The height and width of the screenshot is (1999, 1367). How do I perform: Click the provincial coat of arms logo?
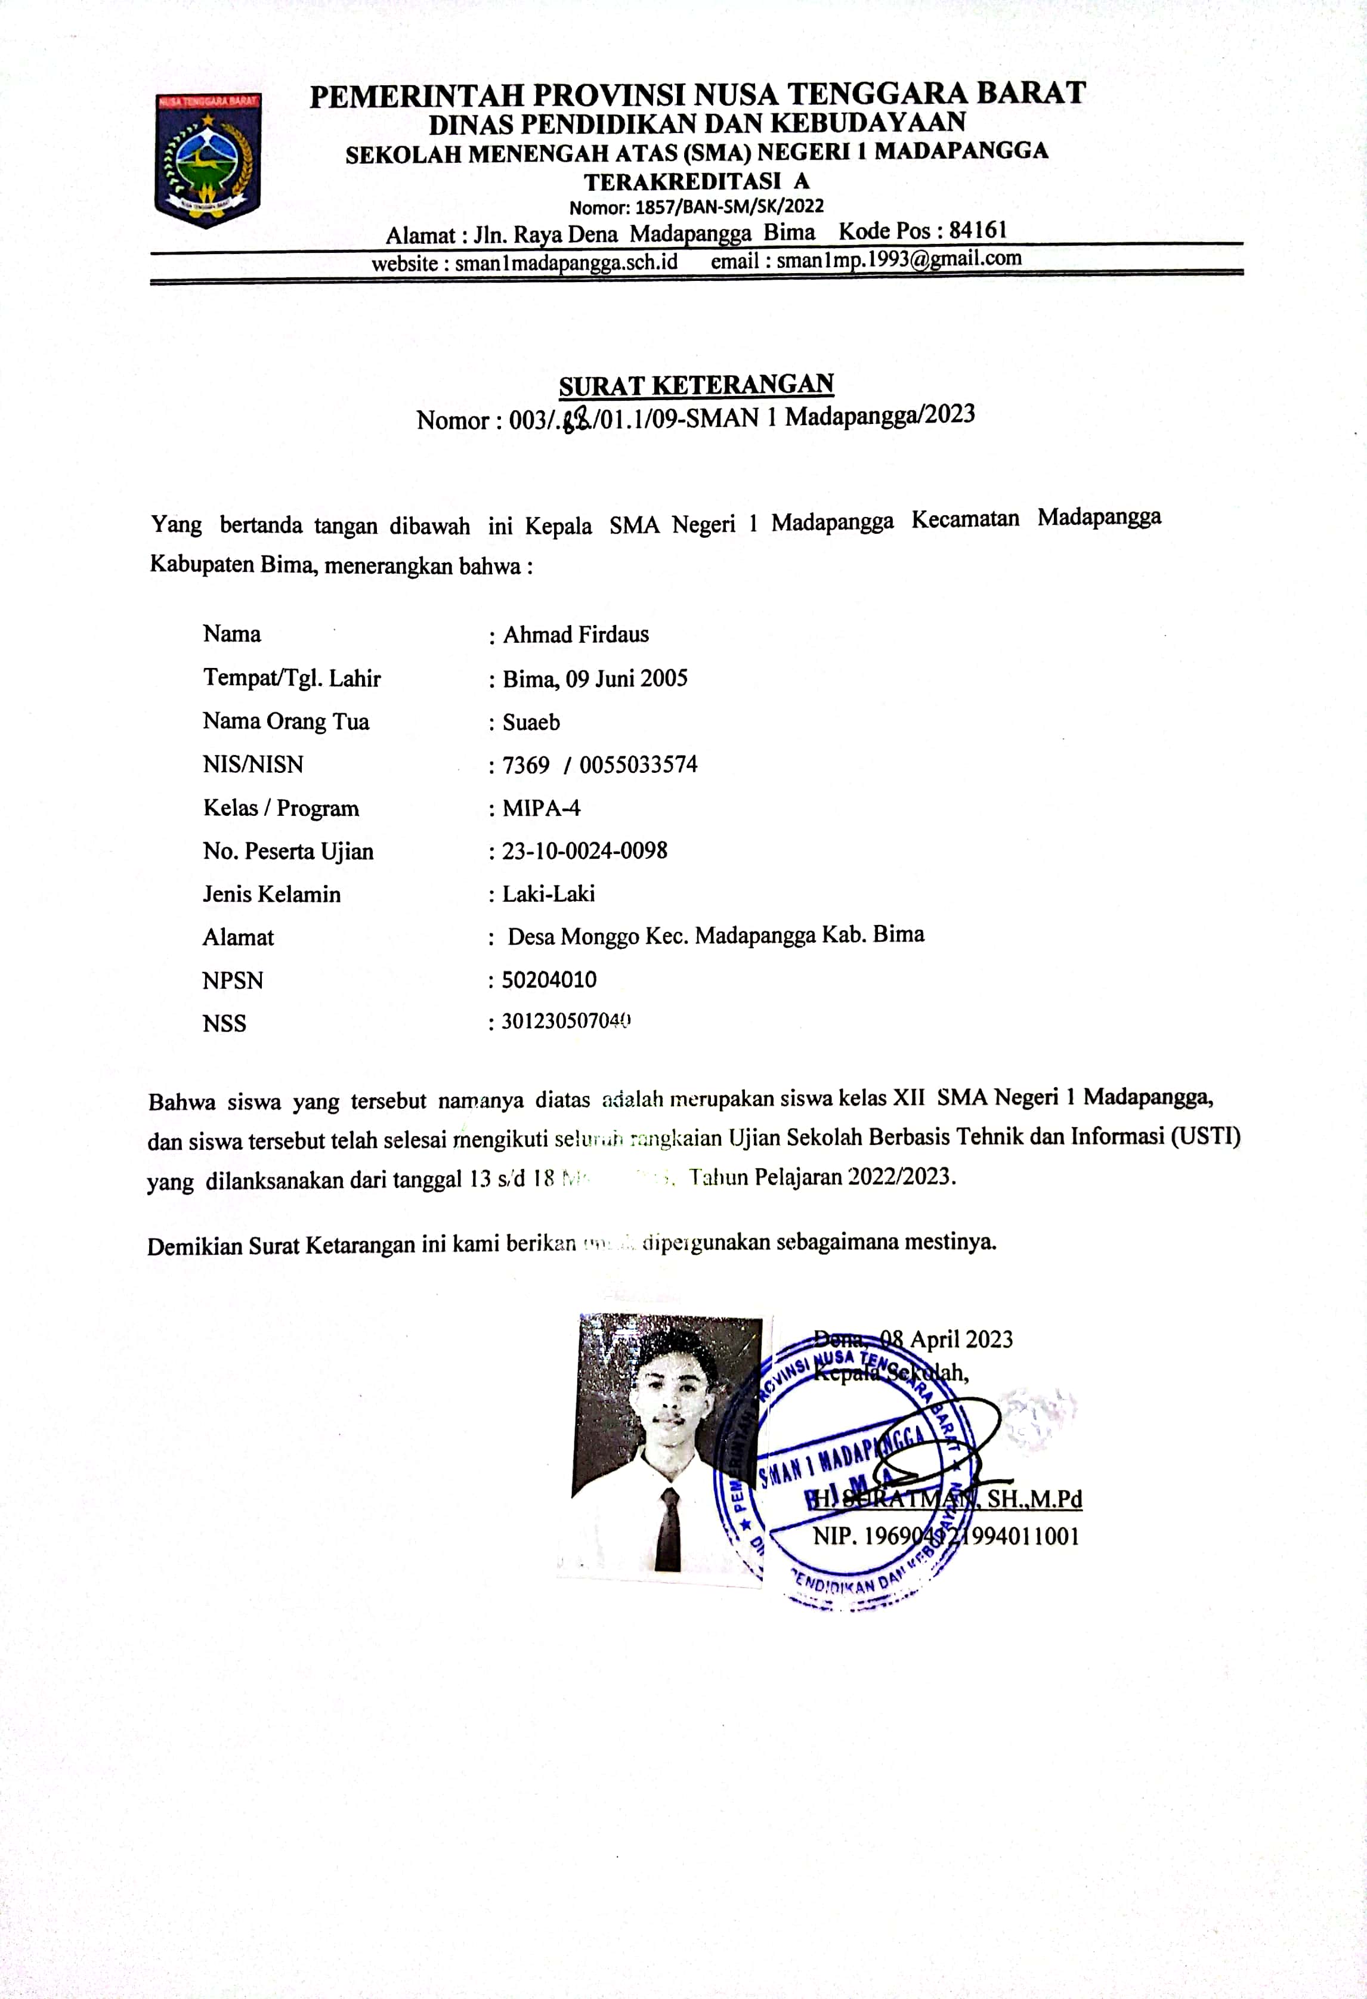point(208,160)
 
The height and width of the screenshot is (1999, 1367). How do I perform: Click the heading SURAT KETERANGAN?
point(696,385)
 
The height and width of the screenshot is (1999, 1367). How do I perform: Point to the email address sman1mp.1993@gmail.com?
point(898,258)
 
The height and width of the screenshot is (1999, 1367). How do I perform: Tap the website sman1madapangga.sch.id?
point(566,262)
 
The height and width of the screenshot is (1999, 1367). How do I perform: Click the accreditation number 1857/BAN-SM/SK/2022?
point(727,206)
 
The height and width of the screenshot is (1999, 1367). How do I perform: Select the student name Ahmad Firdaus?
point(576,635)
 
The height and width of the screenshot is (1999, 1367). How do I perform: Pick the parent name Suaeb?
point(531,722)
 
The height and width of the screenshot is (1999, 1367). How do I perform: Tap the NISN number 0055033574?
point(638,765)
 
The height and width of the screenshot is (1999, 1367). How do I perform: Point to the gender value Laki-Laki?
point(548,894)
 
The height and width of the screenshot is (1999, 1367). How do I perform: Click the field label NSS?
point(224,1023)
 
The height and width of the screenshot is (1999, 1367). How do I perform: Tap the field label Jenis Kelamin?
point(272,895)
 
